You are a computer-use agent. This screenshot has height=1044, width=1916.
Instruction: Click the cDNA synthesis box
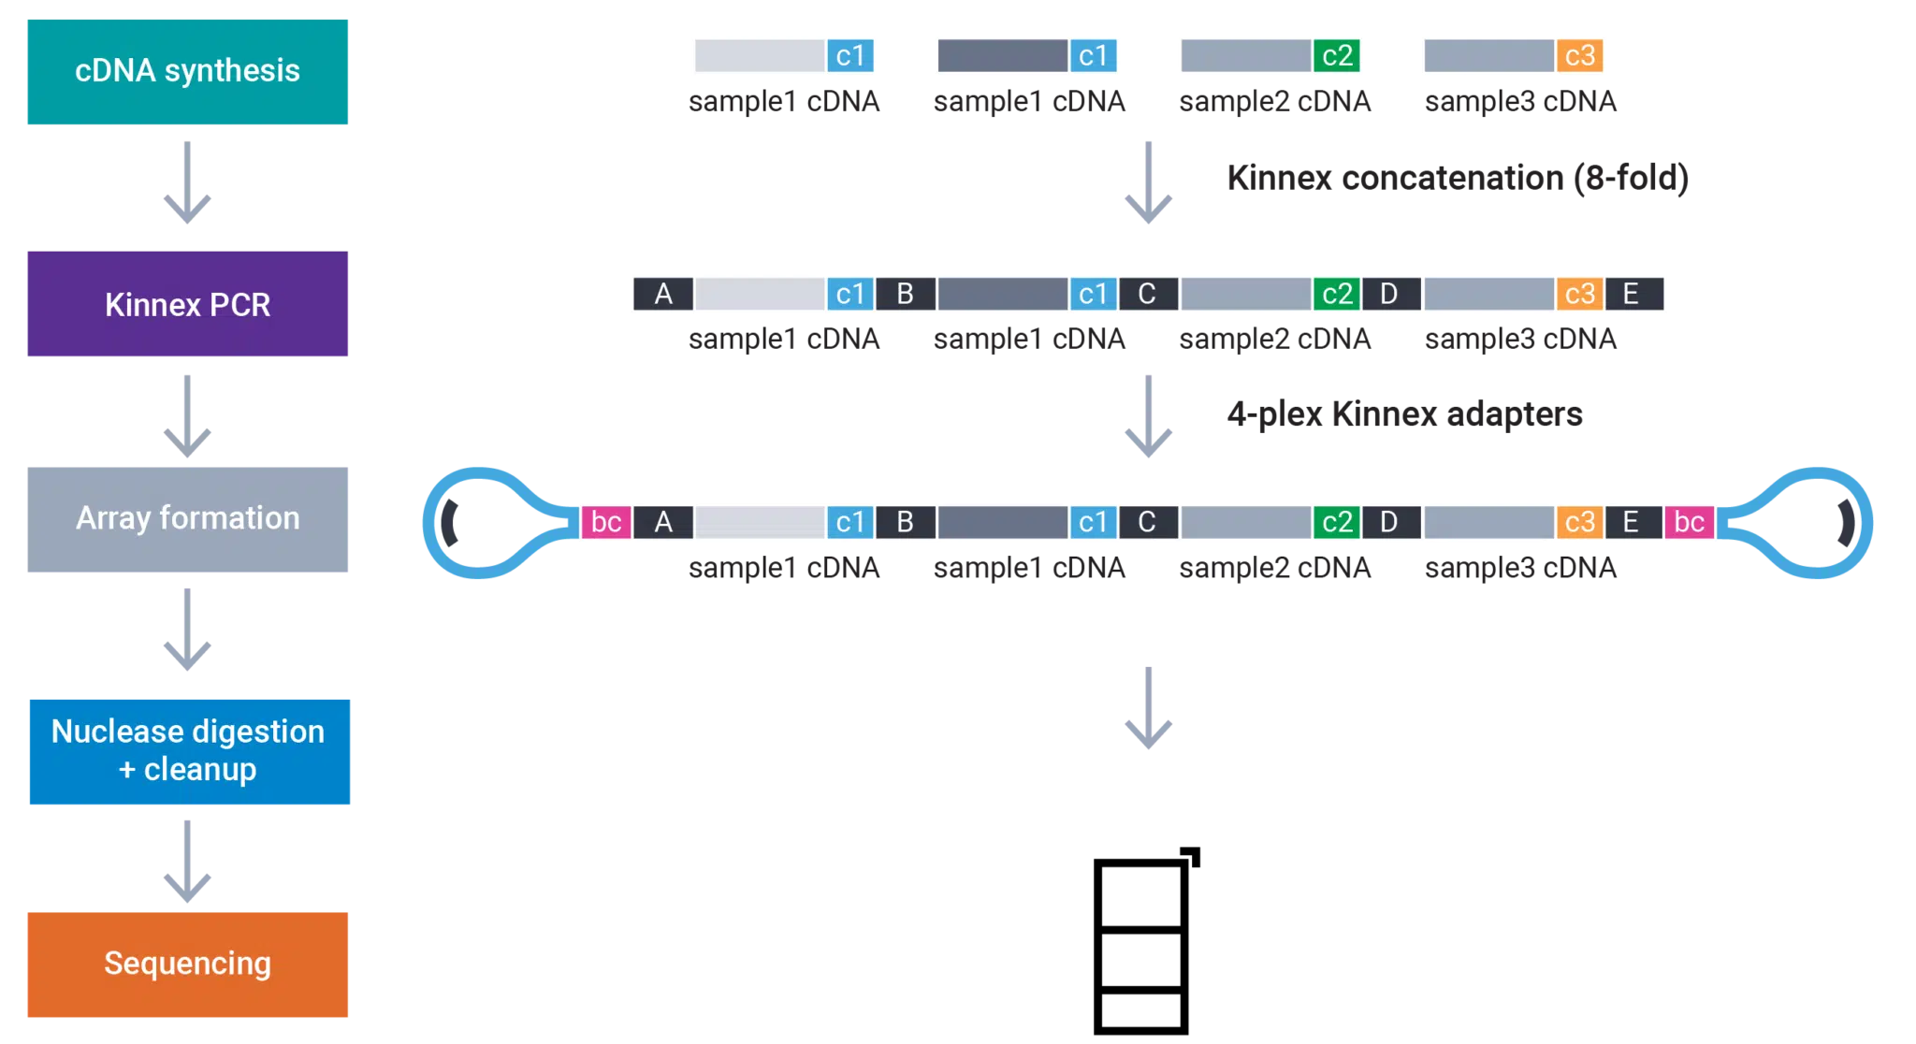pyautogui.click(x=187, y=71)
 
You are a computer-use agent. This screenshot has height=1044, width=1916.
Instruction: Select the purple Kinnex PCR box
pyautogui.click(x=187, y=304)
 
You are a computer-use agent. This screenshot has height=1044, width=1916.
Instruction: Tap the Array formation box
pyautogui.click(x=187, y=519)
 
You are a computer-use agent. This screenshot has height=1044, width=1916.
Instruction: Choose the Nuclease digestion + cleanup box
pyautogui.click(x=187, y=751)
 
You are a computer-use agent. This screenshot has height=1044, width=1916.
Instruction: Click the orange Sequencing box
pyautogui.click(x=187, y=964)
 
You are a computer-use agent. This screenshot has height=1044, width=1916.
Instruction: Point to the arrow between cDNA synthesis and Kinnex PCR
pyautogui.click(x=187, y=183)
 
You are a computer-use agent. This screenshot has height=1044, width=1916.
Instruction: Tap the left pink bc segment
pyautogui.click(x=606, y=522)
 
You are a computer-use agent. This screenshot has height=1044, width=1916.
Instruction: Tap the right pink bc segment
pyautogui.click(x=1689, y=522)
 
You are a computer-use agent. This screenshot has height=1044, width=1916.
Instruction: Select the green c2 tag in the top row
pyautogui.click(x=1337, y=56)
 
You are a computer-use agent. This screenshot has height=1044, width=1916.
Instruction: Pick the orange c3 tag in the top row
pyautogui.click(x=1579, y=56)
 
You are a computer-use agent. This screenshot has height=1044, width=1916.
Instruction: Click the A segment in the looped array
pyautogui.click(x=663, y=522)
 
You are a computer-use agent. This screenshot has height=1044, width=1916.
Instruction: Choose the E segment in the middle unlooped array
pyautogui.click(x=1631, y=294)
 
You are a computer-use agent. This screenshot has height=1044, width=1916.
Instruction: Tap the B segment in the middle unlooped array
pyautogui.click(x=905, y=294)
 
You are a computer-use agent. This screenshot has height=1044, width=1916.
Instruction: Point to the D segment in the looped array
pyautogui.click(x=1389, y=522)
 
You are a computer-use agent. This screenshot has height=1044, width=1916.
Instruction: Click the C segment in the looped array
pyautogui.click(x=1147, y=522)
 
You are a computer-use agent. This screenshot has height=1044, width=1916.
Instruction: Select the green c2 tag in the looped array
pyautogui.click(x=1337, y=522)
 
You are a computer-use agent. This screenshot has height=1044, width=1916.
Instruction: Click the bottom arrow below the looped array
pyautogui.click(x=1148, y=711)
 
